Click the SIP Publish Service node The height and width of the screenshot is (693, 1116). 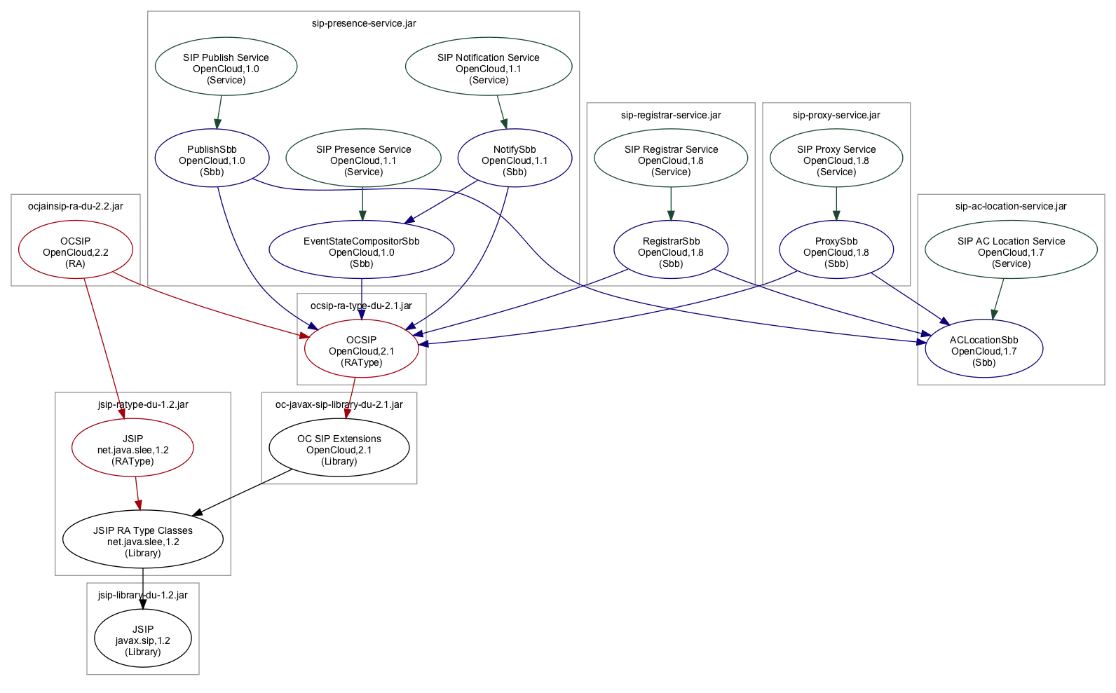click(226, 67)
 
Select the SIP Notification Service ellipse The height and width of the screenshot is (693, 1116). click(489, 67)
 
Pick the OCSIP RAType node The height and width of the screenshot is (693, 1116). click(362, 350)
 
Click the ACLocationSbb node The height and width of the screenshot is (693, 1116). click(984, 350)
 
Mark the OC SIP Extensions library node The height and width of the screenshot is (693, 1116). click(339, 448)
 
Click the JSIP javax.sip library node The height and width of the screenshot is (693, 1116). click(143, 639)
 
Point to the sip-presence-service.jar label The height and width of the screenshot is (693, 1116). click(364, 23)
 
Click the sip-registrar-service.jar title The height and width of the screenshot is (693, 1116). click(671, 115)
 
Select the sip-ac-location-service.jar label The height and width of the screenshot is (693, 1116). click(1011, 206)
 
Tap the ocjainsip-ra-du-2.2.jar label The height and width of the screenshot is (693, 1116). click(76, 206)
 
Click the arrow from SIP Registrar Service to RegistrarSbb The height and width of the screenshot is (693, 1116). click(671, 204)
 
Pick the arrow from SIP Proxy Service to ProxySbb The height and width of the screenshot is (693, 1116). click(836, 204)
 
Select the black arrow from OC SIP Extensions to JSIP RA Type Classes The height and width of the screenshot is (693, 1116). click(242, 493)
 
